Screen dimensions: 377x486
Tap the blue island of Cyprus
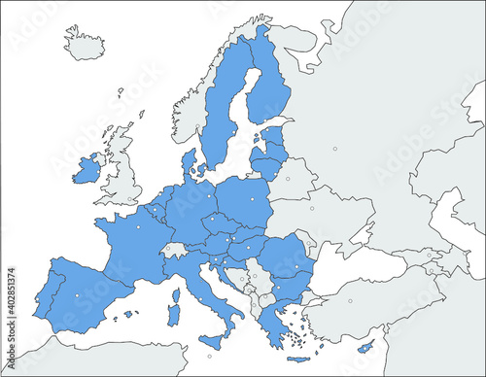[365, 347]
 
